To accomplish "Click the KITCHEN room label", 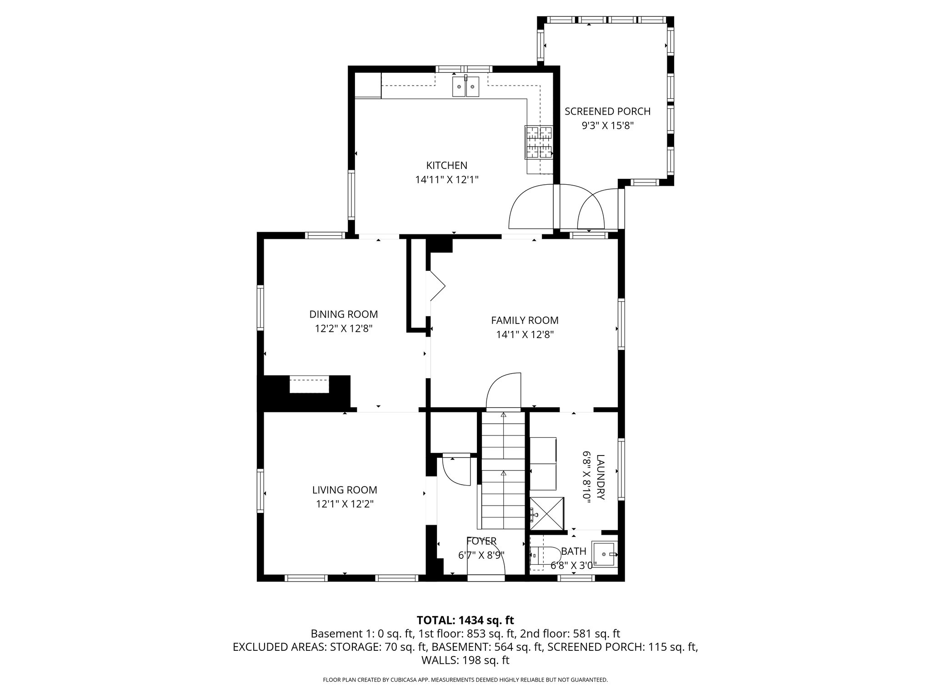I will pos(446,165).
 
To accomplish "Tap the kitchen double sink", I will pos(465,86).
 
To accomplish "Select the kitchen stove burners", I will pos(539,142).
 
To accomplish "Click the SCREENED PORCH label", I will pos(607,111).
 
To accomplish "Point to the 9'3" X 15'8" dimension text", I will pos(607,126).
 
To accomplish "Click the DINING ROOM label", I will pos(343,314).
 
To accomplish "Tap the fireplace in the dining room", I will pos(309,385).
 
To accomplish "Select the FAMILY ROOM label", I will pos(525,320).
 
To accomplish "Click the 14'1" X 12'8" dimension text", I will pos(525,335).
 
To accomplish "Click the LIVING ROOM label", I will pos(344,490).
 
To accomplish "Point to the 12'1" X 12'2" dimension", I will pos(344,504).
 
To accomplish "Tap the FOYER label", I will pos(481,541).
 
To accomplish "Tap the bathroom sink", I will pos(605,554).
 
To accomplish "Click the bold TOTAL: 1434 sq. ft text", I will pos(465,620).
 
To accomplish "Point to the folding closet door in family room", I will pos(437,286).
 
